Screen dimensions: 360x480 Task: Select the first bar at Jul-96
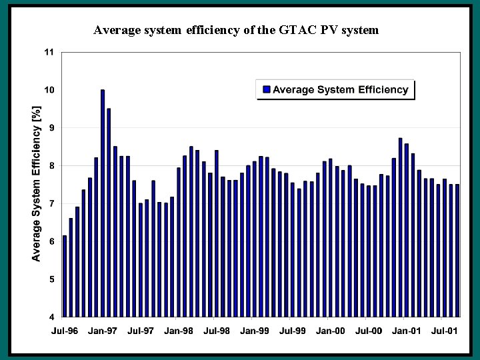[x=65, y=276]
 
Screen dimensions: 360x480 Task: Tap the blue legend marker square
[x=267, y=90]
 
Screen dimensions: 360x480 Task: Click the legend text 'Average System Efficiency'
[x=340, y=90]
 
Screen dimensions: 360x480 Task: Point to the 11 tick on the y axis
[x=49, y=52]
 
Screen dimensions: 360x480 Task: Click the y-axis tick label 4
[x=51, y=317]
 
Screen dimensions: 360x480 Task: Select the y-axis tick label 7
[x=51, y=203]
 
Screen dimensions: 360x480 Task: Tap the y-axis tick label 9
[x=51, y=127]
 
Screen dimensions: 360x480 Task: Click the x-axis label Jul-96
[x=65, y=330]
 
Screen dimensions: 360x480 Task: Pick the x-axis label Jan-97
[x=103, y=330]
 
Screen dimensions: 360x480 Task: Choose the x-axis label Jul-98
[x=217, y=330]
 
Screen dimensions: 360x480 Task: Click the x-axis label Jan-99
[x=255, y=330]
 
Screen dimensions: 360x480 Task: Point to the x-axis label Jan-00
[x=331, y=330]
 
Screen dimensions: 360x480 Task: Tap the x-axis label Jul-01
[x=444, y=330]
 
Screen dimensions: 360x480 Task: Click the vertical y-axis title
[x=37, y=183]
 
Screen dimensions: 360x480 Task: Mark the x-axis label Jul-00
[x=369, y=330]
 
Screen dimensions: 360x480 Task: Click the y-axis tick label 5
[x=51, y=279]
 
